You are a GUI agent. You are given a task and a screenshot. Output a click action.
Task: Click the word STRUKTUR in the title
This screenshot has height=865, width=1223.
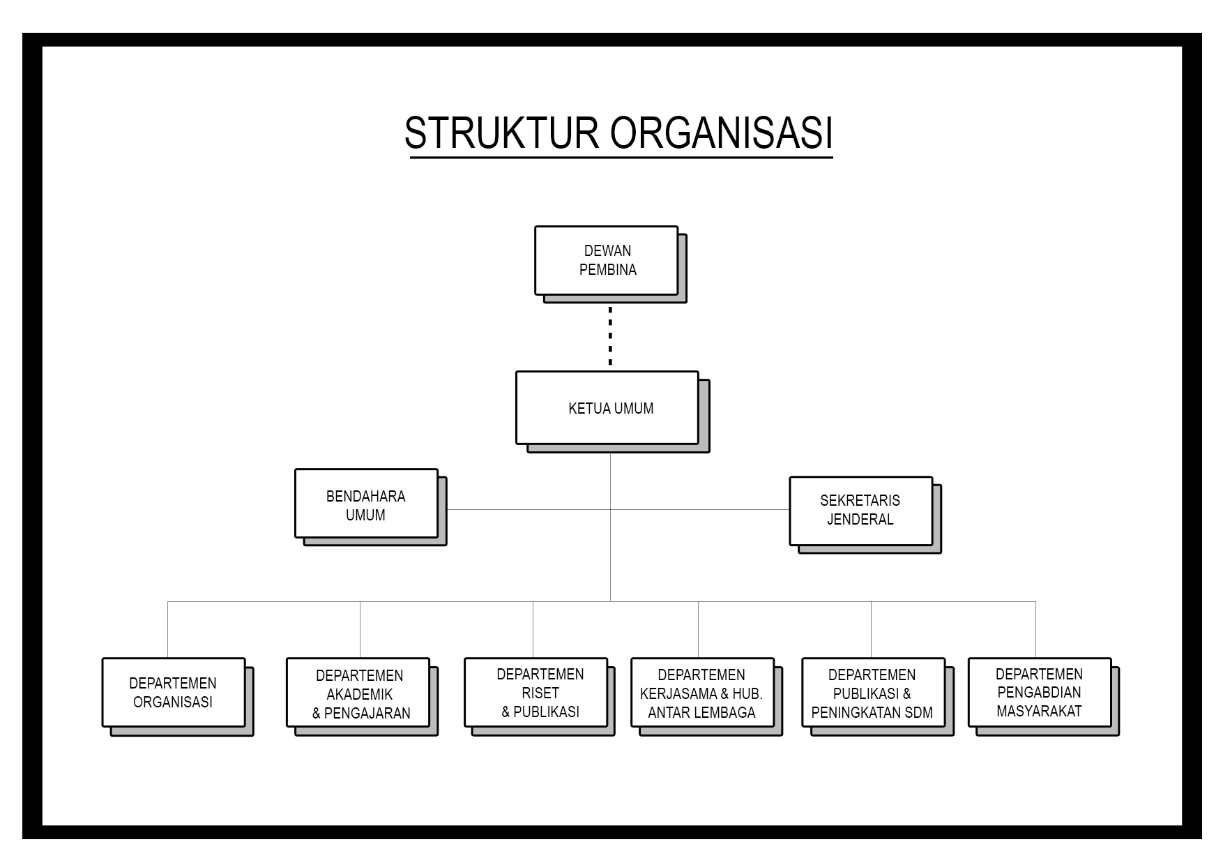pyautogui.click(x=501, y=133)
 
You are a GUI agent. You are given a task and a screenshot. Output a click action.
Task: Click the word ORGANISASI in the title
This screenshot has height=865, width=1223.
pyautogui.click(x=722, y=133)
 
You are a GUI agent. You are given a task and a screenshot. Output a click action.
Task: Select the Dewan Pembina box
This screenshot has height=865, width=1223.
pyautogui.click(x=607, y=260)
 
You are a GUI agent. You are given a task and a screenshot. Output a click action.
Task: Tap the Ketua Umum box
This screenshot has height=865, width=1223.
pyautogui.click(x=607, y=408)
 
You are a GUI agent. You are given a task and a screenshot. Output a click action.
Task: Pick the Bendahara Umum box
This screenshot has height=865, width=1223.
pyautogui.click(x=367, y=504)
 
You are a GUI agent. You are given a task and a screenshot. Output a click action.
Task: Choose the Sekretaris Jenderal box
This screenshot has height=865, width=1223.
pyautogui.click(x=861, y=511)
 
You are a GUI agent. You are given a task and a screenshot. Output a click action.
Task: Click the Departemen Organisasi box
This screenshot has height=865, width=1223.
pyautogui.click(x=174, y=693)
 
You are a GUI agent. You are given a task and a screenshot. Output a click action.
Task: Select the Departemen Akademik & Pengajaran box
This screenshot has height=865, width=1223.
pyautogui.click(x=358, y=693)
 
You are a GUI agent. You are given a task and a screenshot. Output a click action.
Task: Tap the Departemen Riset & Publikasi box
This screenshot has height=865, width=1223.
pyautogui.click(x=536, y=693)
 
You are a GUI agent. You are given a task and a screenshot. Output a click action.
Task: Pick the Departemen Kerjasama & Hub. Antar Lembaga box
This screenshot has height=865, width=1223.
pyautogui.click(x=703, y=693)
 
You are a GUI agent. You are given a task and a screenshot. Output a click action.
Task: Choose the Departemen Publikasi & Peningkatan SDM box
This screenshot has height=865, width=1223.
pyautogui.click(x=874, y=693)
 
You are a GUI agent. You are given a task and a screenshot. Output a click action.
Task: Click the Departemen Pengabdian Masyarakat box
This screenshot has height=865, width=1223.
pyautogui.click(x=1040, y=693)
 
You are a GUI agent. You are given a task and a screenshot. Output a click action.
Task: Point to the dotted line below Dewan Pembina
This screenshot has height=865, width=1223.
pyautogui.click(x=610, y=336)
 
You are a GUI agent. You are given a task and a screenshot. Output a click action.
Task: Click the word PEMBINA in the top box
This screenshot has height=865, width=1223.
pyautogui.click(x=608, y=270)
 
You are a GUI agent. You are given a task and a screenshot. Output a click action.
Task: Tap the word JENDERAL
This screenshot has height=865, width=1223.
pyautogui.click(x=860, y=520)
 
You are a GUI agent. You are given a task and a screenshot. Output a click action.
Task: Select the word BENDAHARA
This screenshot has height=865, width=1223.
pyautogui.click(x=366, y=497)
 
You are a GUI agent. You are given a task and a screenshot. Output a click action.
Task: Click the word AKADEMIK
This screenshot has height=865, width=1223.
pyautogui.click(x=360, y=695)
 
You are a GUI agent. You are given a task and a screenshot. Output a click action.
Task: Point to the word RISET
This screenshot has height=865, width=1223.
pyautogui.click(x=540, y=693)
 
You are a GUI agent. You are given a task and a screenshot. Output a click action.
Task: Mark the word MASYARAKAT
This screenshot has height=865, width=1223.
pyautogui.click(x=1039, y=712)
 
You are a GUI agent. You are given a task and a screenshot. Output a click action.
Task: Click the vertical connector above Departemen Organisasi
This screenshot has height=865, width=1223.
pyautogui.click(x=168, y=629)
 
